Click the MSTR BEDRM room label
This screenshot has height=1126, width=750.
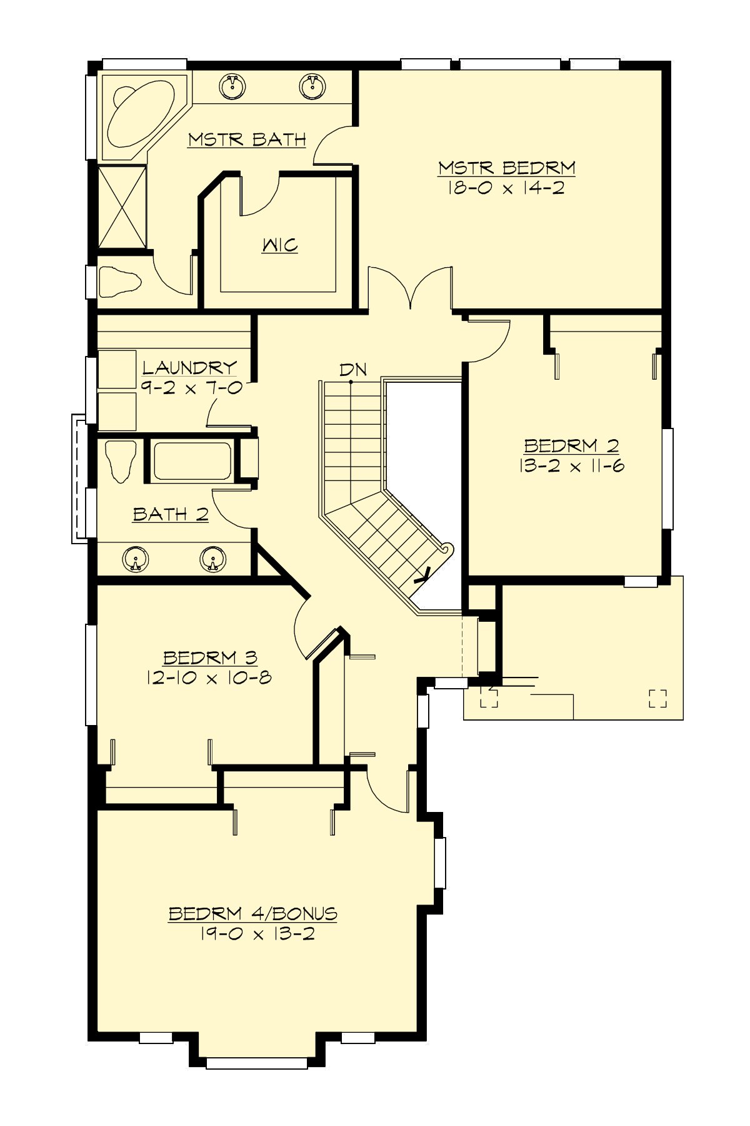click(506, 168)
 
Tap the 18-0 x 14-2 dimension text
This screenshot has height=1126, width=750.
click(506, 188)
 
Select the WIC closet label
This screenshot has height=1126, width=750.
click(280, 245)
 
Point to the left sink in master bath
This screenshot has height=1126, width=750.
click(233, 86)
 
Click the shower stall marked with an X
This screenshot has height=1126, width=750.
click(122, 206)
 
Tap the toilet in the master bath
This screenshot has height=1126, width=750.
click(119, 281)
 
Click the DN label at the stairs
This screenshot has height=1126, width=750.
click(353, 370)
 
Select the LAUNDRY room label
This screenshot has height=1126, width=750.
click(189, 367)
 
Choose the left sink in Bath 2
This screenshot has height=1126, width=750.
click(135, 559)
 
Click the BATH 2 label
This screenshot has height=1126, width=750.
click(170, 514)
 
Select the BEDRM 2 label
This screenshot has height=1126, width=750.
click(571, 446)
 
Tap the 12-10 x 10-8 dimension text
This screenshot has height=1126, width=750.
click(209, 677)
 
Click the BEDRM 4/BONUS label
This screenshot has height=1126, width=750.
click(253, 913)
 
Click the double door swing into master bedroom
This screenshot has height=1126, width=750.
click(411, 288)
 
